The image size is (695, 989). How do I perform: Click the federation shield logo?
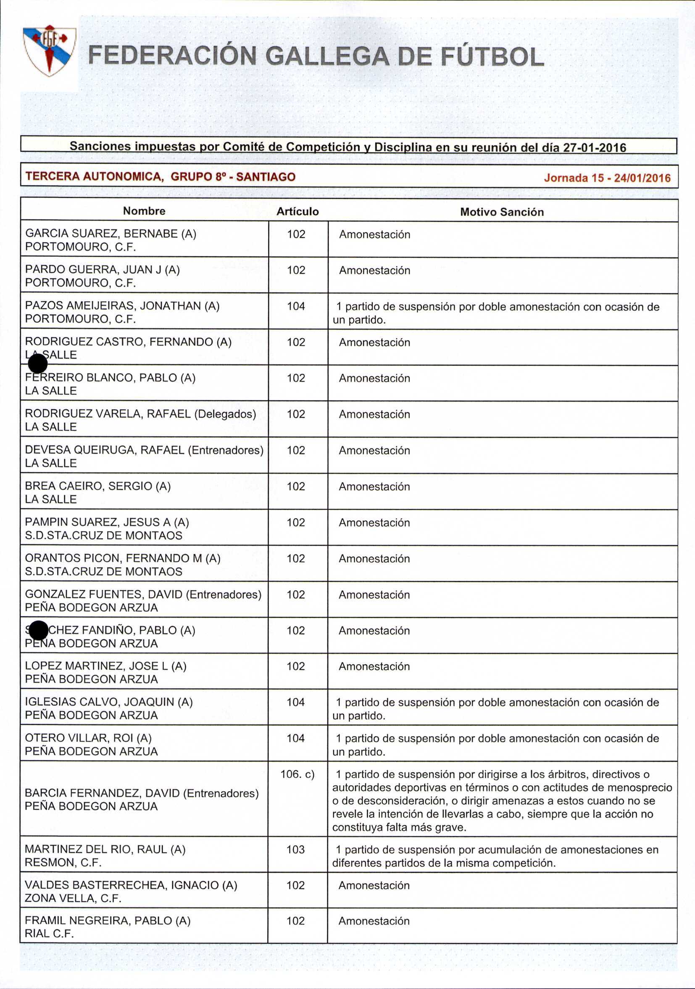pos(50,50)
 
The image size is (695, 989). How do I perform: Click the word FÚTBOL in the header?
pos(491,57)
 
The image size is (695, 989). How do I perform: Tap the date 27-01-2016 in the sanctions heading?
pos(595,147)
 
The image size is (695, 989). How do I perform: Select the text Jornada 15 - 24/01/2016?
pos(607,178)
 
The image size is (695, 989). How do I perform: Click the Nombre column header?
pos(144,210)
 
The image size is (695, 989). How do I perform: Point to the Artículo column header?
pos(297,211)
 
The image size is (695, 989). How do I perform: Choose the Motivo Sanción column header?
pos(502,212)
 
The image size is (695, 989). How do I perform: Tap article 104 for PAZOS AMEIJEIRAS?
pos(296,306)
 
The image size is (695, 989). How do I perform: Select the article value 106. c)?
pos(297,774)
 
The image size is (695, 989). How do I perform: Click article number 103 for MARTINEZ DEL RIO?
pos(295,850)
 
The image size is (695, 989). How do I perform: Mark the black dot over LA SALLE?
pos(37,363)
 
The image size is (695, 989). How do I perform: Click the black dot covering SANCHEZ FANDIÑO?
pos(39,631)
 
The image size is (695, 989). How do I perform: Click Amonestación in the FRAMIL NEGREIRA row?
pos(374,921)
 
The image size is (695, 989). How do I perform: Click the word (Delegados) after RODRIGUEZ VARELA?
pos(225,414)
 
